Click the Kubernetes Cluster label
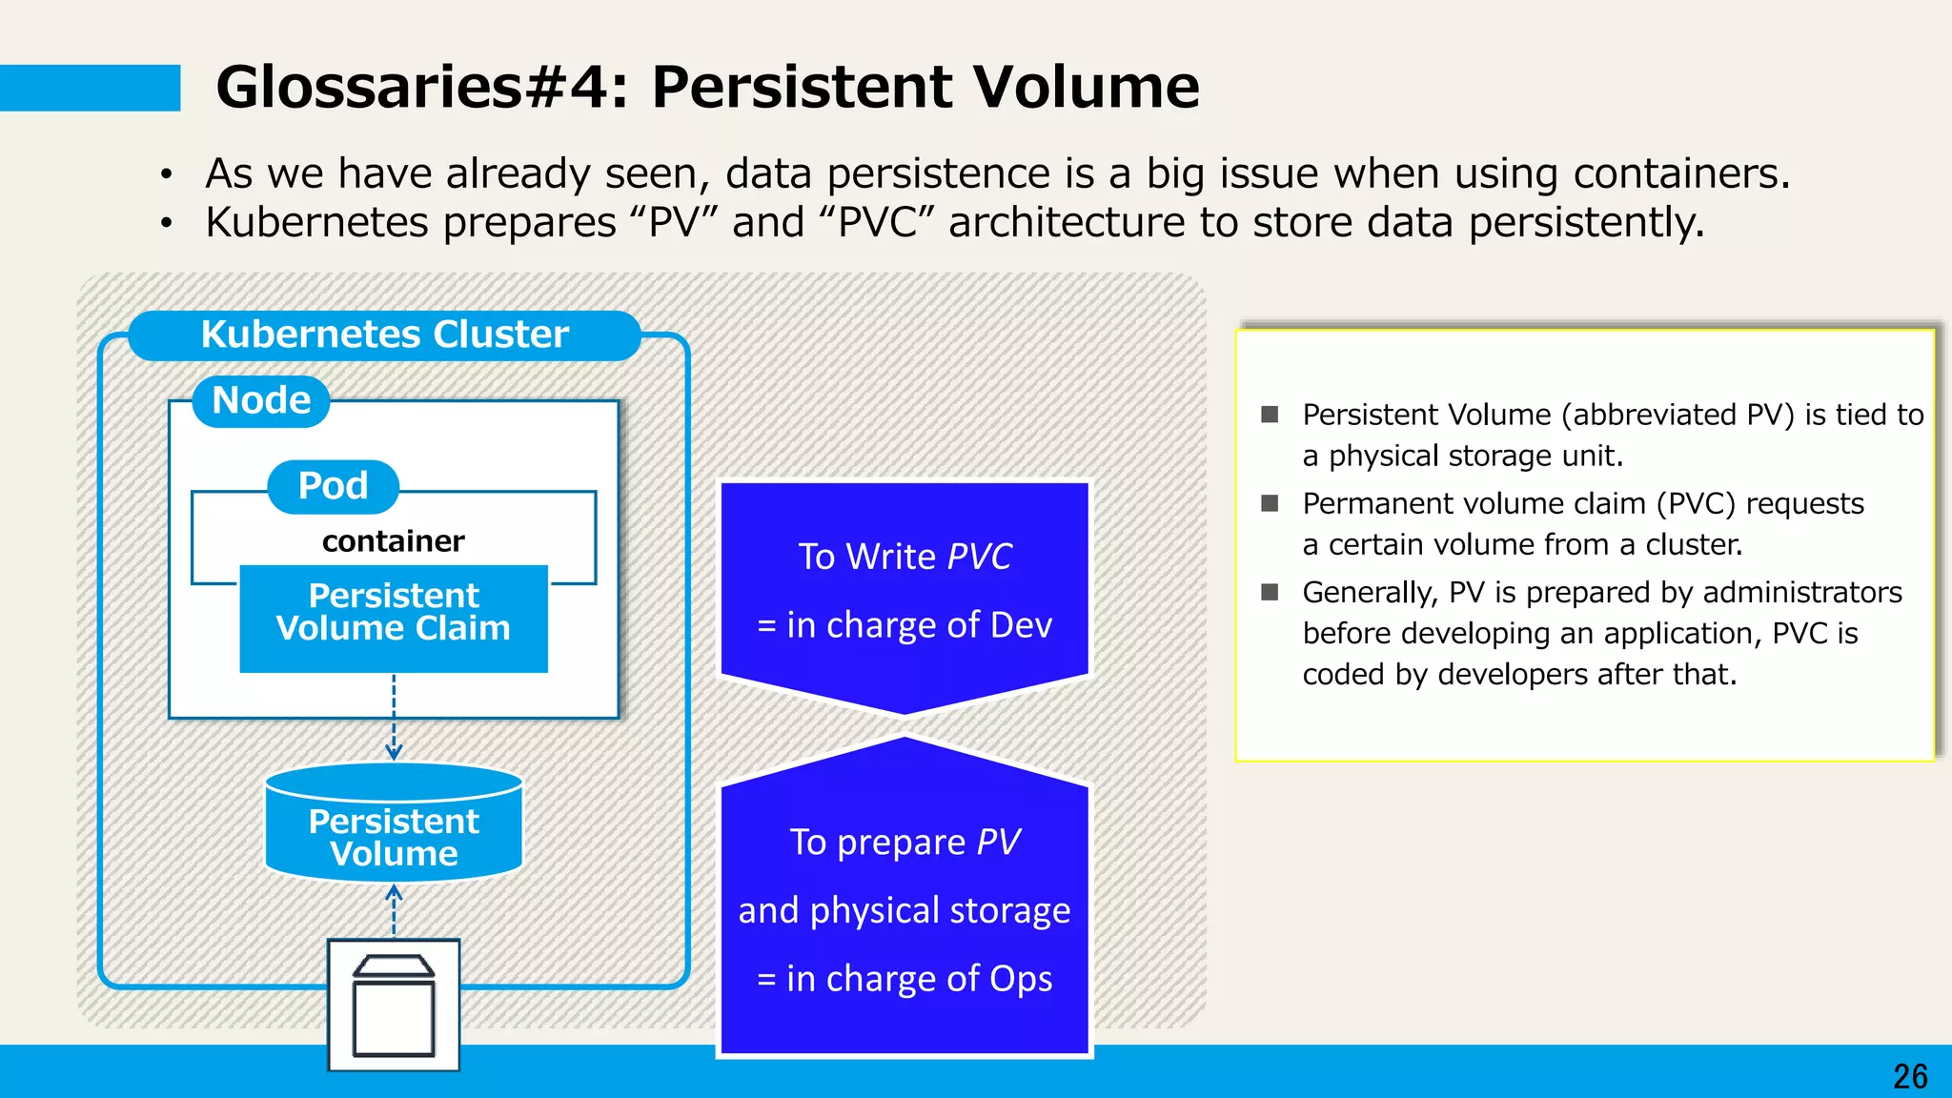(x=384, y=335)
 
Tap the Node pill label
(x=261, y=401)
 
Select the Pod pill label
(x=333, y=486)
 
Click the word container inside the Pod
(x=393, y=541)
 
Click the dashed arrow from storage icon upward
(x=394, y=911)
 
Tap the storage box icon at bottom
(x=394, y=1006)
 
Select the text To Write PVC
(x=905, y=557)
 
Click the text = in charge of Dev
(x=905, y=625)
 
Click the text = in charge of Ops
(x=905, y=979)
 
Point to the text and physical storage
(x=905, y=910)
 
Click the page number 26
(x=1910, y=1076)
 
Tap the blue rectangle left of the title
(x=90, y=88)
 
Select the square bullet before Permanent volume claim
(x=1270, y=503)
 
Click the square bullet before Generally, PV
(x=1270, y=592)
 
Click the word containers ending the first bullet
(x=1680, y=174)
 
